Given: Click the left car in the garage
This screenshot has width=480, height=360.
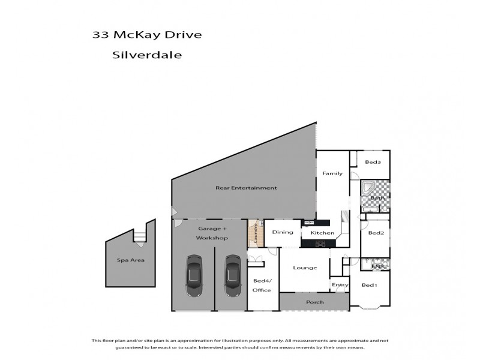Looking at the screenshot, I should (194, 277).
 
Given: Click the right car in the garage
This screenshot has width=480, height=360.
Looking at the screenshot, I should (232, 277).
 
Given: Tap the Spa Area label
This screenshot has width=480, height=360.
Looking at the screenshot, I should (130, 260).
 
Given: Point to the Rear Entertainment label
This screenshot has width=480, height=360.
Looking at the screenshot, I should (246, 188).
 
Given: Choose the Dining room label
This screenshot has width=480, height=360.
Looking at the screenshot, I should (283, 232).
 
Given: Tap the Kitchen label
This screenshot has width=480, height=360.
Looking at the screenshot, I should (322, 233).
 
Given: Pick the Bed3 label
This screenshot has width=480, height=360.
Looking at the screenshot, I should (373, 162).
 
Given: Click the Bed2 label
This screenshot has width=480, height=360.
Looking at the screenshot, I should (376, 233).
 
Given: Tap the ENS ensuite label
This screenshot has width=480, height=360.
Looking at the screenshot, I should (377, 266).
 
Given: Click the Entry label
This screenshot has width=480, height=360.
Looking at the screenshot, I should (340, 285).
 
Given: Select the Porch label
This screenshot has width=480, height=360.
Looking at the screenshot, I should (314, 302).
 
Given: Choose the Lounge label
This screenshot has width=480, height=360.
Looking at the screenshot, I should (305, 268).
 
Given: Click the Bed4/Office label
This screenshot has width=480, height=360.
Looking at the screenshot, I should (262, 286).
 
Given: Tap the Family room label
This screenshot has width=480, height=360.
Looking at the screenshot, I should (332, 174).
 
